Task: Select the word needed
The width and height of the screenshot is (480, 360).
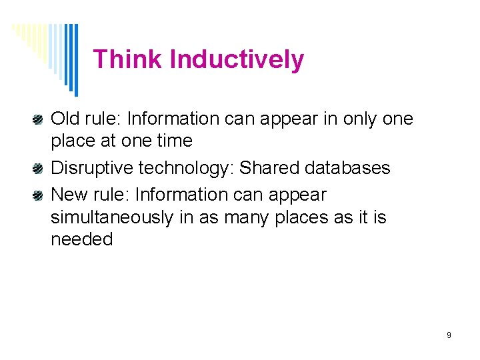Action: click(x=82, y=239)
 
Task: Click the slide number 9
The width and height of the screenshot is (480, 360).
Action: click(x=449, y=335)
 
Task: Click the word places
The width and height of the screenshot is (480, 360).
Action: click(x=302, y=217)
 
